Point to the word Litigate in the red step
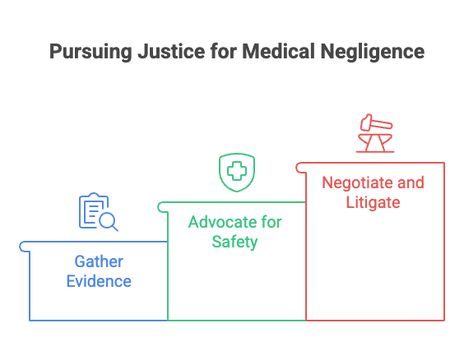click(x=373, y=202)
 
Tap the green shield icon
click(x=236, y=172)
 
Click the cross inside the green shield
click(x=236, y=171)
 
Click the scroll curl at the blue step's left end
click(x=24, y=245)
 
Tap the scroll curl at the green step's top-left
click(x=162, y=205)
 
